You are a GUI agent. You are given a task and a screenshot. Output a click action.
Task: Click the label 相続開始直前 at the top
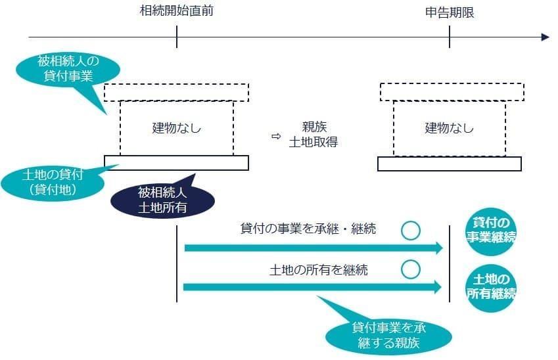pyautogui.click(x=177, y=11)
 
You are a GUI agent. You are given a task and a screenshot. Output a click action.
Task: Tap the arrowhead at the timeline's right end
pyautogui.click(x=544, y=37)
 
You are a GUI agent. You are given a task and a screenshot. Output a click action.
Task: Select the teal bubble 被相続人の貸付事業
pyautogui.click(x=68, y=69)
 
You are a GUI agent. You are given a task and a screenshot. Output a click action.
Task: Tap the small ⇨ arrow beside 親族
pyautogui.click(x=276, y=137)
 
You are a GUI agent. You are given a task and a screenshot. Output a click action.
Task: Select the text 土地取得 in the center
pyautogui.click(x=314, y=142)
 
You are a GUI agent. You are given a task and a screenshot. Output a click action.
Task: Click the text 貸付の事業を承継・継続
pyautogui.click(x=308, y=229)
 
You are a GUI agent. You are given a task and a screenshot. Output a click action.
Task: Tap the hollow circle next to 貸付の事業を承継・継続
pyautogui.click(x=411, y=230)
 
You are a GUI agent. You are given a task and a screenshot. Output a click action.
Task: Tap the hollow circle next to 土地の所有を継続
pyautogui.click(x=411, y=269)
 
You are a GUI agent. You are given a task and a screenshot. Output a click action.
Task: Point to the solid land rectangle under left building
pyautogui.click(x=176, y=163)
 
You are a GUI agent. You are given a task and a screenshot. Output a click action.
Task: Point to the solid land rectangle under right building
pyautogui.click(x=450, y=164)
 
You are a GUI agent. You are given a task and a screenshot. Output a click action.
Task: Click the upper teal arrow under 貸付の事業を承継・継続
pyautogui.click(x=309, y=248)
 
